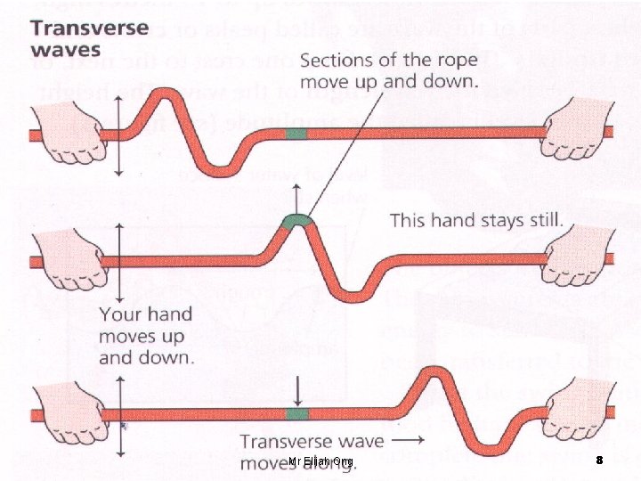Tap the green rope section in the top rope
point(296,134)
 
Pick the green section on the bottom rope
point(296,414)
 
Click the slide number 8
point(599,461)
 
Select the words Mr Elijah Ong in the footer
point(320,461)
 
